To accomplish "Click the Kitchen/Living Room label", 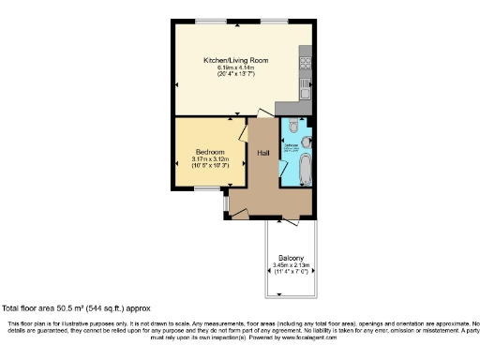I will [236, 60].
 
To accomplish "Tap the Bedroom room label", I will [210, 152].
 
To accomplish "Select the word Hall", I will [264, 152].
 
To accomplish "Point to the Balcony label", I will [290, 258].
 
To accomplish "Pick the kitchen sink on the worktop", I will [305, 90].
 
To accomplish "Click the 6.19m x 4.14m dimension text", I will [236, 67].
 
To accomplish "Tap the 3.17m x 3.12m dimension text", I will [210, 159].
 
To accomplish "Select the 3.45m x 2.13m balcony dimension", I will [290, 265].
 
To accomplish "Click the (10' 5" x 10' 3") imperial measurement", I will [210, 166].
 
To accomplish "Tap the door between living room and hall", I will [250, 116].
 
